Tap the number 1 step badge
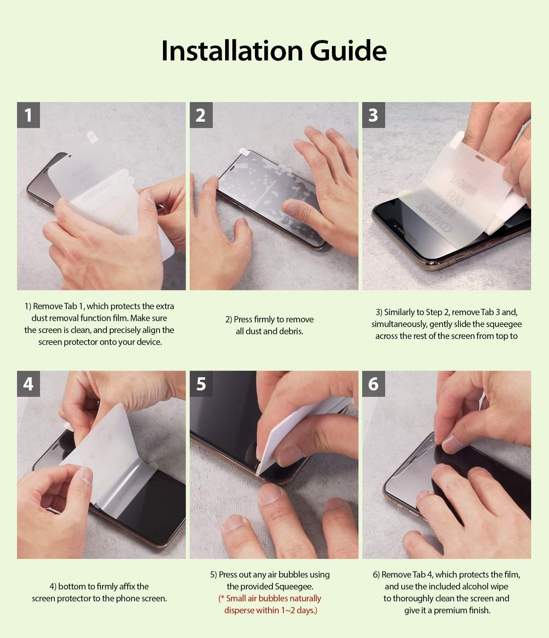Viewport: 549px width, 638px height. pos(29,115)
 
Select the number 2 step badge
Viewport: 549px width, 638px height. pos(201,115)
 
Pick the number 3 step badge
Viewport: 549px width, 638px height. pos(374,115)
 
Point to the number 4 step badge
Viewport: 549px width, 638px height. pos(29,384)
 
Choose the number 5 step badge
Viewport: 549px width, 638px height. pos(201,384)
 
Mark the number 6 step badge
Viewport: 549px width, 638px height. pos(374,384)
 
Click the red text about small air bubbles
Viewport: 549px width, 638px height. pos(270,604)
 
